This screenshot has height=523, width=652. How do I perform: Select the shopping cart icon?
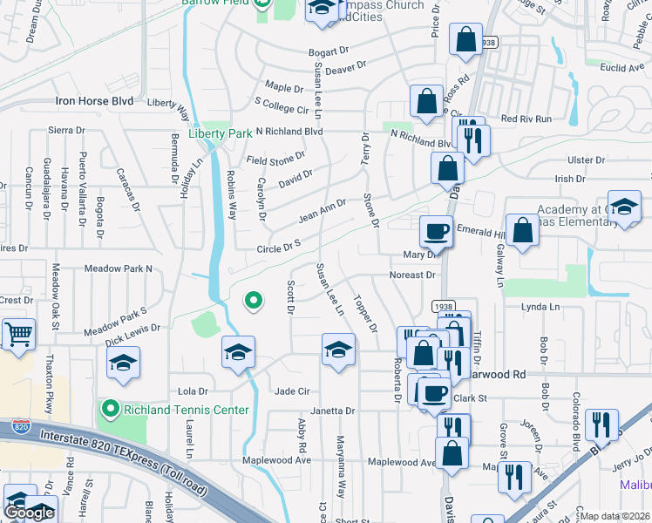pos(17,334)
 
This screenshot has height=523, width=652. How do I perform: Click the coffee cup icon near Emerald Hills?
pos(436,232)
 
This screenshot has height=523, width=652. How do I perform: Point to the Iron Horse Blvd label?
pos(94,101)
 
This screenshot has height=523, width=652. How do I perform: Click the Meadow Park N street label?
pos(118,268)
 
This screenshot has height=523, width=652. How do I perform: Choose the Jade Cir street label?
pos(292,391)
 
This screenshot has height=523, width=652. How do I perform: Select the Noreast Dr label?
pos(413,275)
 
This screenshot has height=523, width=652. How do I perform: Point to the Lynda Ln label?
pos(540,308)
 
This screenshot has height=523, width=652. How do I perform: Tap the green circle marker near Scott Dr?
pos(253,302)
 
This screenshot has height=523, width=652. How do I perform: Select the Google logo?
pos(28,513)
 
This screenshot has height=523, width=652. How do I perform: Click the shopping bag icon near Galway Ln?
pos(522,231)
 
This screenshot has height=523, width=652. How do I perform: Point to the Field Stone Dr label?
pos(275,160)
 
